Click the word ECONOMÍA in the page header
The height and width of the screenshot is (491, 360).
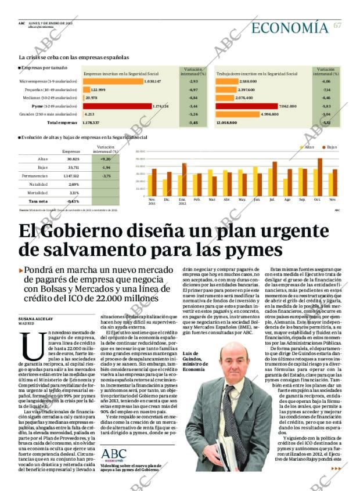[x=290, y=27]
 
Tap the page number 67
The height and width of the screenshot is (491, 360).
[x=337, y=26]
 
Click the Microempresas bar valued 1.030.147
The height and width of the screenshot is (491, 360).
[x=113, y=82]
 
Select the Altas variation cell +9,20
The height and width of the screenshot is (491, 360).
[x=105, y=158]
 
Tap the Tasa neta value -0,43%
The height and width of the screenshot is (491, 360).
[x=73, y=201]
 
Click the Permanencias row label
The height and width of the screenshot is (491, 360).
[x=35, y=175]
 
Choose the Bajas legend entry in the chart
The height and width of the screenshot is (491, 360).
[x=329, y=147]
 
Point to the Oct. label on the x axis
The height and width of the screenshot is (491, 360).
[x=317, y=199]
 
